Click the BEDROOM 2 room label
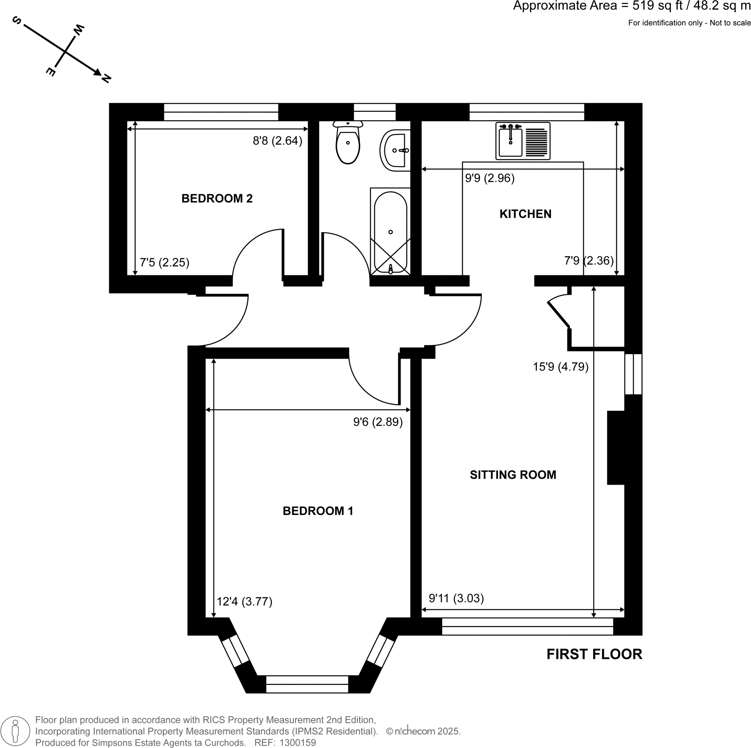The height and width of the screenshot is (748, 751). [x=217, y=198]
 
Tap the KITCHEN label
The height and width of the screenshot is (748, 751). [x=525, y=214]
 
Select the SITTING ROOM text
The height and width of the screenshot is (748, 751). [x=513, y=475]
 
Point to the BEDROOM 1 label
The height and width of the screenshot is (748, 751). [x=318, y=511]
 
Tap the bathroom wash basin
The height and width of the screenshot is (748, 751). [x=396, y=150]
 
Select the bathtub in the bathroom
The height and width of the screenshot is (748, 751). [x=390, y=232]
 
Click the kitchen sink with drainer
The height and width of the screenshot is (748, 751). [x=523, y=141]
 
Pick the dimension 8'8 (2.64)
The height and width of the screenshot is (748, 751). [x=277, y=141]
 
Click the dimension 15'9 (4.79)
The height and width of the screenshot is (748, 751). [x=560, y=367]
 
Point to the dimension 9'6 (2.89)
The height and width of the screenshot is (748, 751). [x=377, y=422]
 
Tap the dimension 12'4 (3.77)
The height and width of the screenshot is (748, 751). [x=244, y=602]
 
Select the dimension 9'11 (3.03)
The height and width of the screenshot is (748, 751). [x=456, y=598]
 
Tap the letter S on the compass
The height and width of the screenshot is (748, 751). [x=17, y=20]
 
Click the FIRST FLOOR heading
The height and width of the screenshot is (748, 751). [x=594, y=655]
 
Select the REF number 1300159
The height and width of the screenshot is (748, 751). [x=297, y=742]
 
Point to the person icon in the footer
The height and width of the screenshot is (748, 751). [x=15, y=731]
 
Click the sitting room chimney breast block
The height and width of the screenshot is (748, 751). [x=616, y=448]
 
